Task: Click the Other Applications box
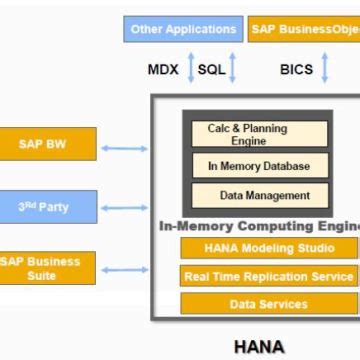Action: [x=184, y=29]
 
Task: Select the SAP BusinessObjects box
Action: [x=304, y=29]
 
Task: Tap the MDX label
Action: [x=163, y=69]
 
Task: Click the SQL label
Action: [x=212, y=69]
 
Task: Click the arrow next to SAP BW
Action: [x=124, y=149]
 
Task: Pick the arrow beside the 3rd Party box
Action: [x=124, y=208]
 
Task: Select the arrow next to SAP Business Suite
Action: [x=124, y=269]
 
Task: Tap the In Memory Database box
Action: [x=259, y=166]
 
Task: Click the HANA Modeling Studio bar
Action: [x=268, y=248]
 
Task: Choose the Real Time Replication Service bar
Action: [x=268, y=275]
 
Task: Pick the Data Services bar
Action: [x=268, y=302]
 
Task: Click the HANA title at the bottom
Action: [x=258, y=347]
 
